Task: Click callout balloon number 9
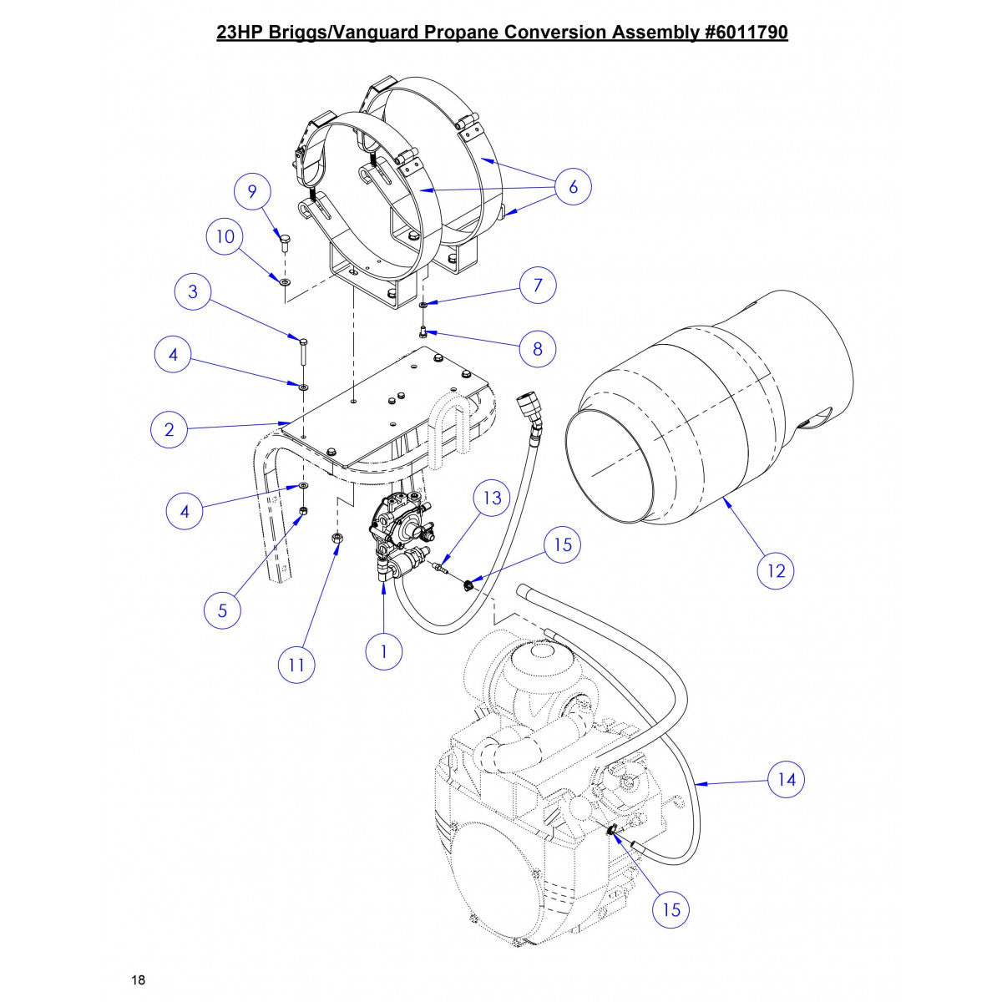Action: tap(252, 191)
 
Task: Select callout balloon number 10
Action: tap(225, 237)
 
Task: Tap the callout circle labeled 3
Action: tap(194, 291)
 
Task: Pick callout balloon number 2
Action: tap(170, 429)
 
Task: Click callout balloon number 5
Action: tap(222, 610)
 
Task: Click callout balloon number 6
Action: tap(573, 187)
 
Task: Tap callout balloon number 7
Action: tap(538, 285)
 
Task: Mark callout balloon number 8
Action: tap(537, 348)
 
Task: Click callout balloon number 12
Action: tap(776, 571)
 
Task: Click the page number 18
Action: tap(139, 979)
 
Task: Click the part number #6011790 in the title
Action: tap(741, 33)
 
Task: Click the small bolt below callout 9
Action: tap(285, 244)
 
